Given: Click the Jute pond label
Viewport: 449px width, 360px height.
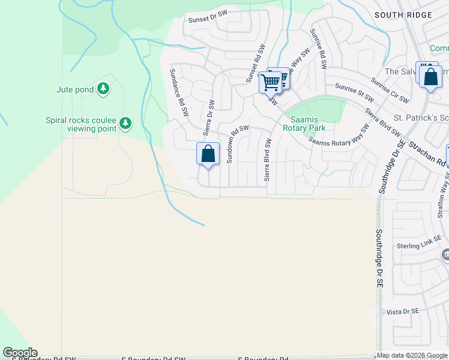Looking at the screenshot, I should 75,90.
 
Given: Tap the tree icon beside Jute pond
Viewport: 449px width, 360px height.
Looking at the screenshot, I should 104,89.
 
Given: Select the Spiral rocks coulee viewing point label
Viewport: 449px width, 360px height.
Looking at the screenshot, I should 83,124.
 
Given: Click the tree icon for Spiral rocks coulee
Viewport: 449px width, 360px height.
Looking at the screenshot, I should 125,124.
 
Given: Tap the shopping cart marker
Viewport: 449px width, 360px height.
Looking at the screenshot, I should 271,82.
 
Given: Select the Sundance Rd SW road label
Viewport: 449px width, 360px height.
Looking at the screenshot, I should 179,92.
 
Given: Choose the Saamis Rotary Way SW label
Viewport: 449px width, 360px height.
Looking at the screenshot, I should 339,136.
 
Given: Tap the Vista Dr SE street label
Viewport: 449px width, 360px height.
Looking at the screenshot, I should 402,312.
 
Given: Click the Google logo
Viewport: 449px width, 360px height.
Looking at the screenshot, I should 20,353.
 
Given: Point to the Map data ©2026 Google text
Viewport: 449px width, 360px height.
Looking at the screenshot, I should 412,355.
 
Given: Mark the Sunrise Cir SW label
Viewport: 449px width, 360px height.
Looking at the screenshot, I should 390,90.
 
